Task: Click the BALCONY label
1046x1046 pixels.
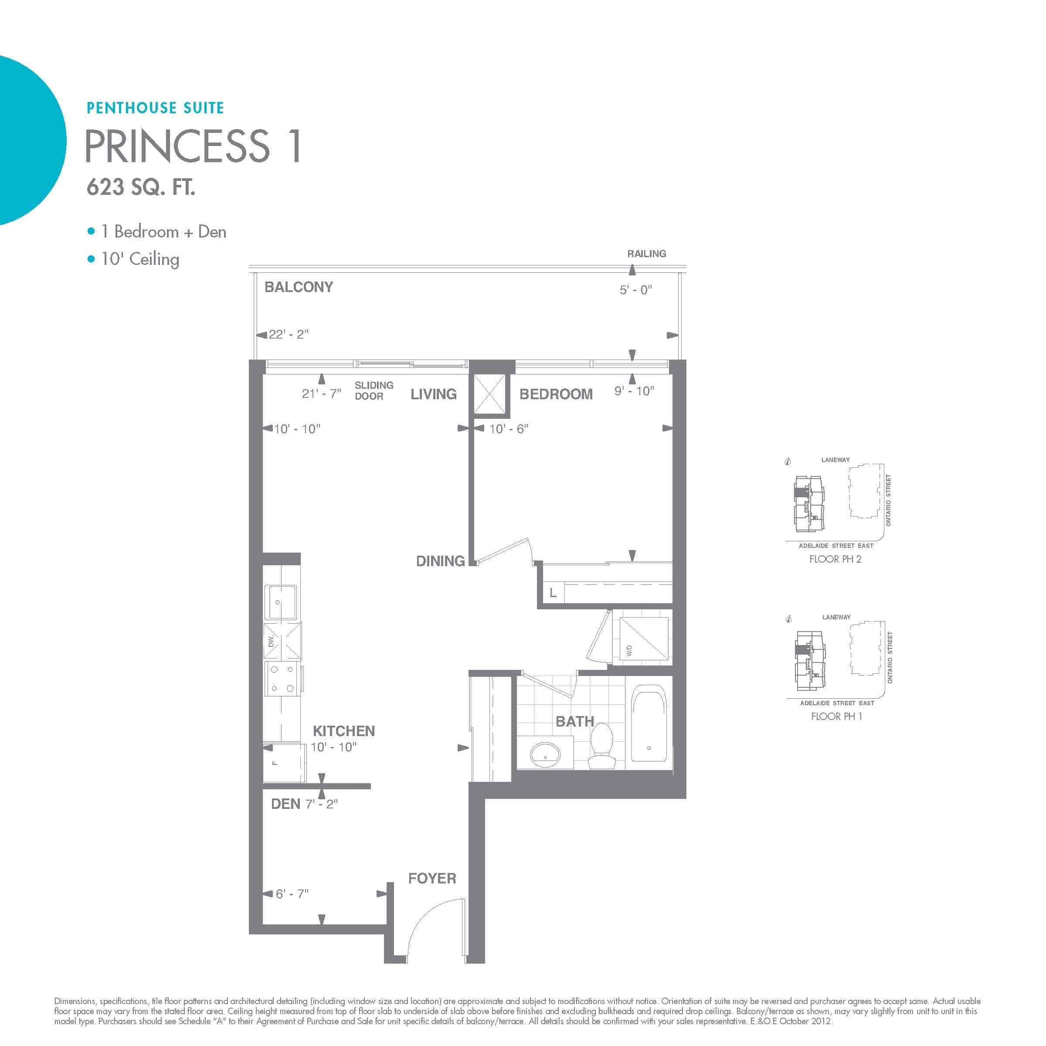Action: (x=298, y=287)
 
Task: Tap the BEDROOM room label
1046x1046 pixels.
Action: (x=556, y=394)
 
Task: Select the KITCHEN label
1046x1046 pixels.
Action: (x=344, y=731)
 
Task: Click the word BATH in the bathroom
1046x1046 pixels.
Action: (x=575, y=721)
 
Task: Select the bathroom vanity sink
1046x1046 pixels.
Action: (x=545, y=753)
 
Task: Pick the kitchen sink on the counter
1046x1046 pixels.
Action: (x=280, y=602)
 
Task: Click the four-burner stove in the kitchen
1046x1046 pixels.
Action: (x=282, y=679)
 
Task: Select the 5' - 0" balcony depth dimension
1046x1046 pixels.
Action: (x=635, y=290)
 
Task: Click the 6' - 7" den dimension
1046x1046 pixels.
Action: (x=292, y=893)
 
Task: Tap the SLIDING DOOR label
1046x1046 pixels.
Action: (x=374, y=391)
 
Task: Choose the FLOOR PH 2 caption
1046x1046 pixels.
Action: (x=835, y=559)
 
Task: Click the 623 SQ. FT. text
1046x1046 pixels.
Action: (x=141, y=187)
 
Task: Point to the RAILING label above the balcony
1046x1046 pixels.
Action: (x=646, y=253)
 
